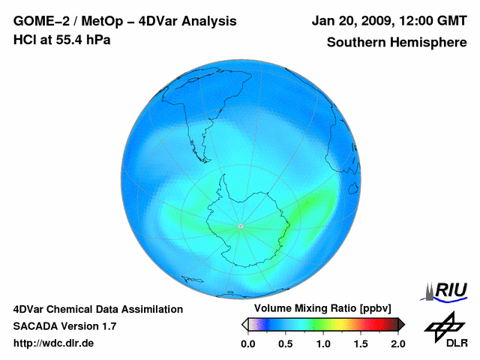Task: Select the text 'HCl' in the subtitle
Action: [x=25, y=39]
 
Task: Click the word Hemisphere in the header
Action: [x=430, y=43]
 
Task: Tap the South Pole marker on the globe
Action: [x=241, y=226]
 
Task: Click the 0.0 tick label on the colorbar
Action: [x=247, y=343]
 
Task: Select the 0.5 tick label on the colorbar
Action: [x=285, y=343]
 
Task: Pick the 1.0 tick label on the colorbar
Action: [x=322, y=343]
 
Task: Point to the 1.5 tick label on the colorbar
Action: [x=360, y=343]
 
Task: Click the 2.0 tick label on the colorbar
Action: [x=397, y=343]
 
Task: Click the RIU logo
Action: [x=447, y=289]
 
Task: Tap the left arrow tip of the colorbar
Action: [x=244, y=324]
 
